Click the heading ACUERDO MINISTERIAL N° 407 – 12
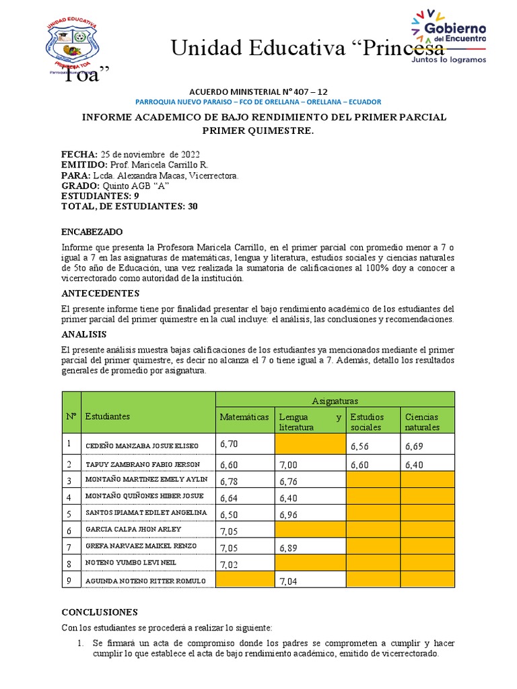coord(258,91)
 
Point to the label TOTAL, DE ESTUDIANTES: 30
coord(129,207)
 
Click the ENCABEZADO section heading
coord(92,232)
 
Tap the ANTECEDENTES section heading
coord(100,293)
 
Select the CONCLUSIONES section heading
coord(99,612)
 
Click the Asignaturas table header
coord(335,400)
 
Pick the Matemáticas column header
coord(244,417)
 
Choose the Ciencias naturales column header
coord(421,422)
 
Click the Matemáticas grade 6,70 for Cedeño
coord(229,445)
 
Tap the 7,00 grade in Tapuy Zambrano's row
coord(287,464)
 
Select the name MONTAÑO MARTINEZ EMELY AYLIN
coord(145,480)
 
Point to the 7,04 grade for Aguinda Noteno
coord(287,581)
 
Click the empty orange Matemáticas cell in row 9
coord(244,580)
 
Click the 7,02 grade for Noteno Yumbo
coord(229,564)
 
